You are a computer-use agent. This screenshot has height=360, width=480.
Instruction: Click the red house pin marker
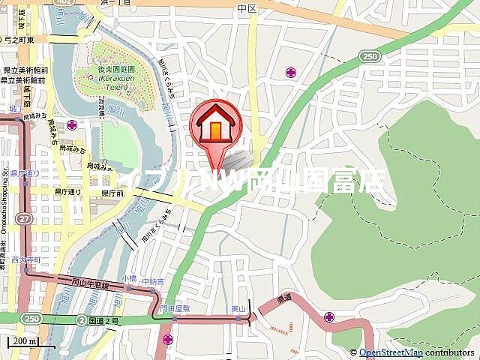tap(217, 125)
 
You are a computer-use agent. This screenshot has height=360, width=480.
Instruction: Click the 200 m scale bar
tap(23, 342)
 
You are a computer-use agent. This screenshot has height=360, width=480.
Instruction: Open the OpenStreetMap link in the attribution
tap(390, 352)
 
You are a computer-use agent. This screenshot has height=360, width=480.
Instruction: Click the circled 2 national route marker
tap(80, 320)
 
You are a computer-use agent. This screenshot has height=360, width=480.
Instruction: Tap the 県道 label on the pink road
tap(284, 298)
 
